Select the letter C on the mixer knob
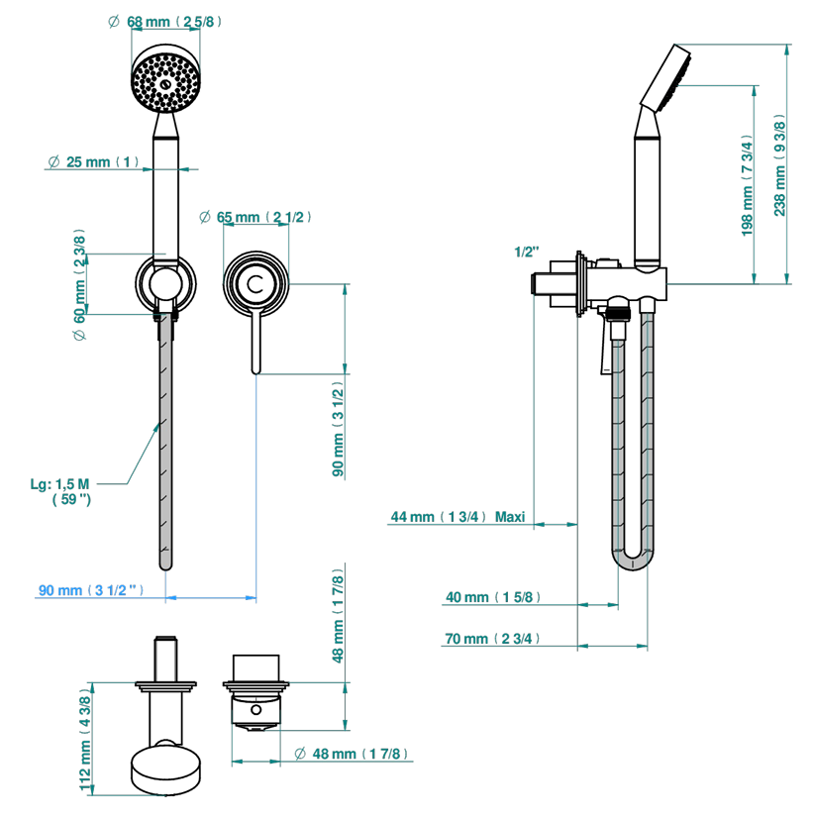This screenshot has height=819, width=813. (257, 283)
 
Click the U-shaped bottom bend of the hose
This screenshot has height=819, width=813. (634, 564)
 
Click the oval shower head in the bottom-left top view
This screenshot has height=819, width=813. (166, 770)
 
